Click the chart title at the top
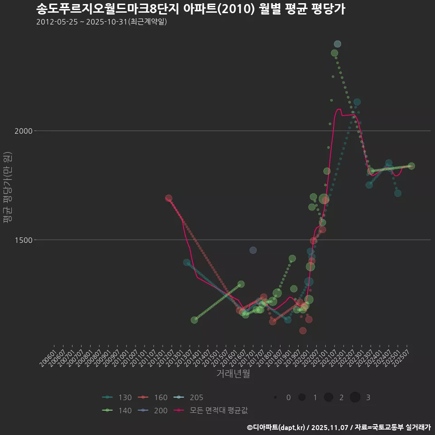190,9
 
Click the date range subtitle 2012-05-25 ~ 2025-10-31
102,22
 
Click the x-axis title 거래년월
233,374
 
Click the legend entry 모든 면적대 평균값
211,411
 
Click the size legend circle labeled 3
355,397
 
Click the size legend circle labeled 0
275,397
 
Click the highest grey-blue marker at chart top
337,44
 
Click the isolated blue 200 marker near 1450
253,250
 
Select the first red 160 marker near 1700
169,198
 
